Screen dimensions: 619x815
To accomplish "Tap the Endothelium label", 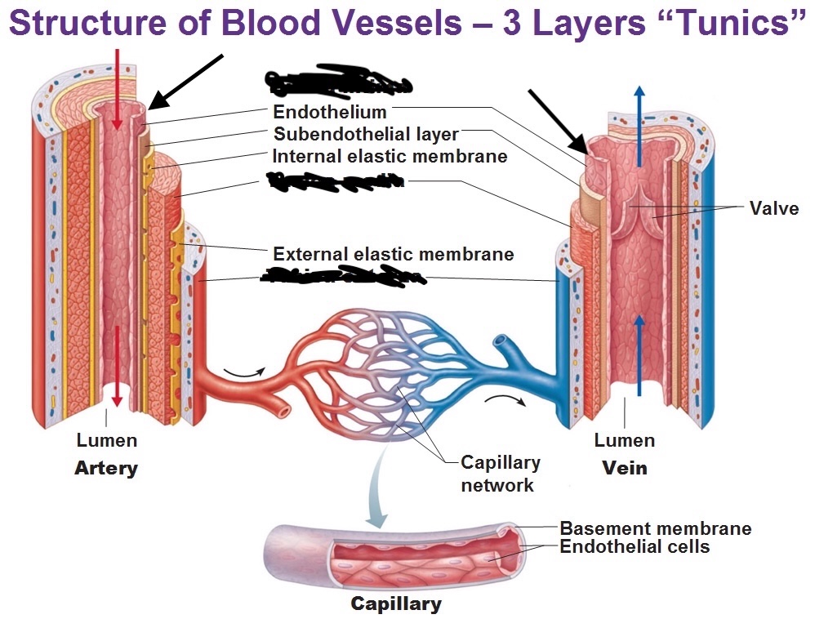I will coord(330,112).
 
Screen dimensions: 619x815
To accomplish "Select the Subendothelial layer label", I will coord(366,133).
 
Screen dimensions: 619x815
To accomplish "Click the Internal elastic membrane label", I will coord(390,155).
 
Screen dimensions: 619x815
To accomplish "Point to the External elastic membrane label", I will coord(394,254).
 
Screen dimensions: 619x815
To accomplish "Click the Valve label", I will coord(773,207).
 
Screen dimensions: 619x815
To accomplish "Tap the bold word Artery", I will coord(106,469).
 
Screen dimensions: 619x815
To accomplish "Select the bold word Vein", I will coord(625,469).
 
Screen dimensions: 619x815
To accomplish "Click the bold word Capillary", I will coord(396,604).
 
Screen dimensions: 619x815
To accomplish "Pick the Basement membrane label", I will coord(655,528).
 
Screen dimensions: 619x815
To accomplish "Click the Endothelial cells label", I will coord(635,546).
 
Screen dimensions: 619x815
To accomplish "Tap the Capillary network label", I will coord(500,474).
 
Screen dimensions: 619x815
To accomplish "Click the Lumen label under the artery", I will coord(107,441).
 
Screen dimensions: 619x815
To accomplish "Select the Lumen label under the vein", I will coord(625,441).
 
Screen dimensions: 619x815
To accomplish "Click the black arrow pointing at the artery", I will coord(188,82).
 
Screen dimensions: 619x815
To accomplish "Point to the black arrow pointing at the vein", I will coord(559,121).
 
